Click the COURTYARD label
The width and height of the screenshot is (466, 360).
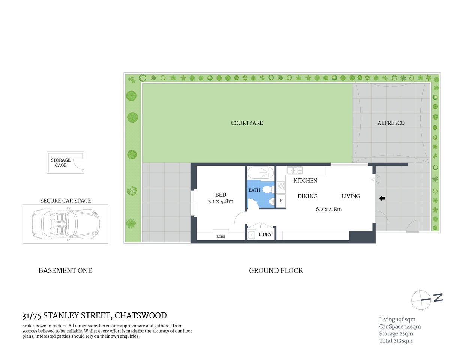pyautogui.click(x=247, y=123)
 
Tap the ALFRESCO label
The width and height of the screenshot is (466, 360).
pyautogui.click(x=391, y=123)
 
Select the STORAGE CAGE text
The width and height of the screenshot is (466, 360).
pyautogui.click(x=61, y=163)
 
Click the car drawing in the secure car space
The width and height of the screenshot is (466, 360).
pyautogui.click(x=65, y=224)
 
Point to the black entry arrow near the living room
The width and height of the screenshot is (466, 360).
pyautogui.click(x=382, y=198)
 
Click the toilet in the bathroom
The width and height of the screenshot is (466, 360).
pyautogui.click(x=267, y=189)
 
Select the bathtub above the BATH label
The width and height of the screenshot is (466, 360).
pyautogui.click(x=261, y=173)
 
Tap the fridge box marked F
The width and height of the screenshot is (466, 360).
pyautogui.click(x=281, y=201)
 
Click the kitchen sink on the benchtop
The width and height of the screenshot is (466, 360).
pyautogui.click(x=295, y=171)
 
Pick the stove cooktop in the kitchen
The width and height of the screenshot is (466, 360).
pyautogui.click(x=281, y=187)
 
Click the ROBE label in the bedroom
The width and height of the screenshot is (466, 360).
pyautogui.click(x=221, y=237)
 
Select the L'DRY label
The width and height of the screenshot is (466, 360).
pyautogui.click(x=265, y=234)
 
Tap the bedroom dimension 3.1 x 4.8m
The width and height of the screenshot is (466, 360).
pyautogui.click(x=221, y=201)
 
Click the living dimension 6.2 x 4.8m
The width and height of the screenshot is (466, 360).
pyautogui.click(x=329, y=209)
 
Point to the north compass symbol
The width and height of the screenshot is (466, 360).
pyautogui.click(x=421, y=300)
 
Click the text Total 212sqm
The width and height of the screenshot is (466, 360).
pyautogui.click(x=395, y=341)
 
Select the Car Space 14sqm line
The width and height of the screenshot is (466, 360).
pyautogui.click(x=400, y=327)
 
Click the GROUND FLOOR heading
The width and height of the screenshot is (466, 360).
pyautogui.click(x=276, y=270)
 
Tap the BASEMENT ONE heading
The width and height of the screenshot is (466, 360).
pyautogui.click(x=65, y=270)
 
